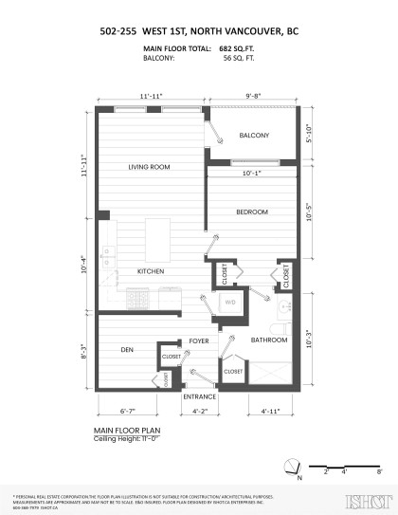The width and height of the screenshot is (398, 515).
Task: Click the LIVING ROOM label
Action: click(149, 167)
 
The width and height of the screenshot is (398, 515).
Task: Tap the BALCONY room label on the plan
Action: click(254, 136)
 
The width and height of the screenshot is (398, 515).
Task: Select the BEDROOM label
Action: click(251, 211)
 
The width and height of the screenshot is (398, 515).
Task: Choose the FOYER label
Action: click(198, 340)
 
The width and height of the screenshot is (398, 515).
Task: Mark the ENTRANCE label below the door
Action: click(200, 395)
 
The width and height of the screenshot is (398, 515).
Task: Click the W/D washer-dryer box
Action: click(230, 303)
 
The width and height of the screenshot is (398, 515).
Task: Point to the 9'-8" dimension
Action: click(256, 96)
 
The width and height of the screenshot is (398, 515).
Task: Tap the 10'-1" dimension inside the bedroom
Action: click(252, 174)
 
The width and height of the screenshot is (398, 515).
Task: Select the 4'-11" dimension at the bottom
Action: click(270, 412)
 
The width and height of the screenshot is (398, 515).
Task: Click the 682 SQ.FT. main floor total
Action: click(237, 46)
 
